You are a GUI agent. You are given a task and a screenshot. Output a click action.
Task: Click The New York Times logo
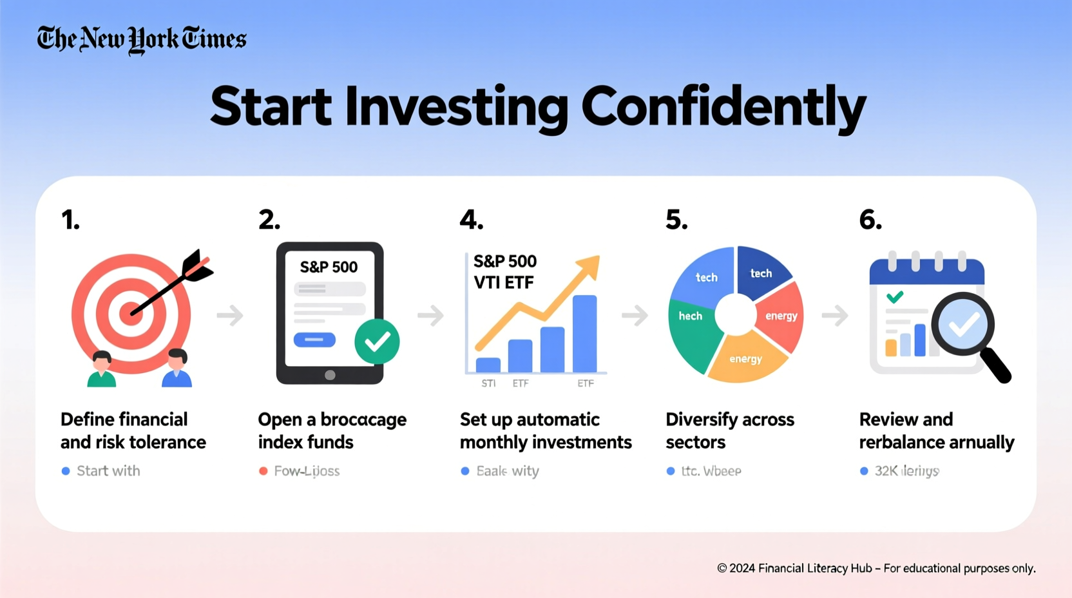(x=142, y=39)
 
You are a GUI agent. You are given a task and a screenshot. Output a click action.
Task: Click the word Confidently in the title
(x=723, y=107)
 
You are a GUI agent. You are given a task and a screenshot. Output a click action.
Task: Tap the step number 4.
(x=471, y=220)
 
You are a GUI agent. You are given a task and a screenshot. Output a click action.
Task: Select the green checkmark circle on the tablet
(x=377, y=342)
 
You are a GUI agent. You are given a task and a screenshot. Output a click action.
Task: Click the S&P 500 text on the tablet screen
(x=329, y=267)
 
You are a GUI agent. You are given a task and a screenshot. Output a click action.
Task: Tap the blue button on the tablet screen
(x=314, y=340)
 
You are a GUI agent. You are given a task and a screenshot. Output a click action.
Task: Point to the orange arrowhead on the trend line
(x=589, y=265)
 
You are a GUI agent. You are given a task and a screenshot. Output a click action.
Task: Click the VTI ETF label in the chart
(x=503, y=282)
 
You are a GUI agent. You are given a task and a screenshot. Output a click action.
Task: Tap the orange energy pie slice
(x=746, y=358)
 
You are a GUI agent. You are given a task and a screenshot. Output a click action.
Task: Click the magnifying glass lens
(x=963, y=324)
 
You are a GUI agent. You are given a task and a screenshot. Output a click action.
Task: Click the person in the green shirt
(x=102, y=371)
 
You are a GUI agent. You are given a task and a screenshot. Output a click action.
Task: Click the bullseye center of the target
(x=131, y=314)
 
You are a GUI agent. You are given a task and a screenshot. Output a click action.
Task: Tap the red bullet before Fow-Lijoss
(x=263, y=471)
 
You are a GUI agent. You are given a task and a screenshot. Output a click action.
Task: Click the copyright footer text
(x=876, y=568)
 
